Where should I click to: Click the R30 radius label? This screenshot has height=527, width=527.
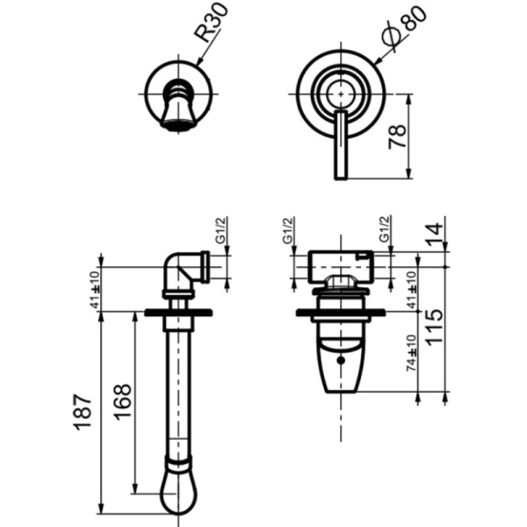point(211,22)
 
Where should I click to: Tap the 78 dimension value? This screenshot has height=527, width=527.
point(397,136)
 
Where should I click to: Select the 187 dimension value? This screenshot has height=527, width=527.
point(82,413)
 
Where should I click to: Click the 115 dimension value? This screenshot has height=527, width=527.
point(434,327)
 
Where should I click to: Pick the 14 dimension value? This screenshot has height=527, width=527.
point(434,234)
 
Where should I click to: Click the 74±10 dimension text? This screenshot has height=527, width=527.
point(411,353)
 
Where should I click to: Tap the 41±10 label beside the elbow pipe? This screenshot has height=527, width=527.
point(95,289)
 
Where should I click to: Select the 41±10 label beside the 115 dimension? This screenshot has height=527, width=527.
point(411,290)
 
